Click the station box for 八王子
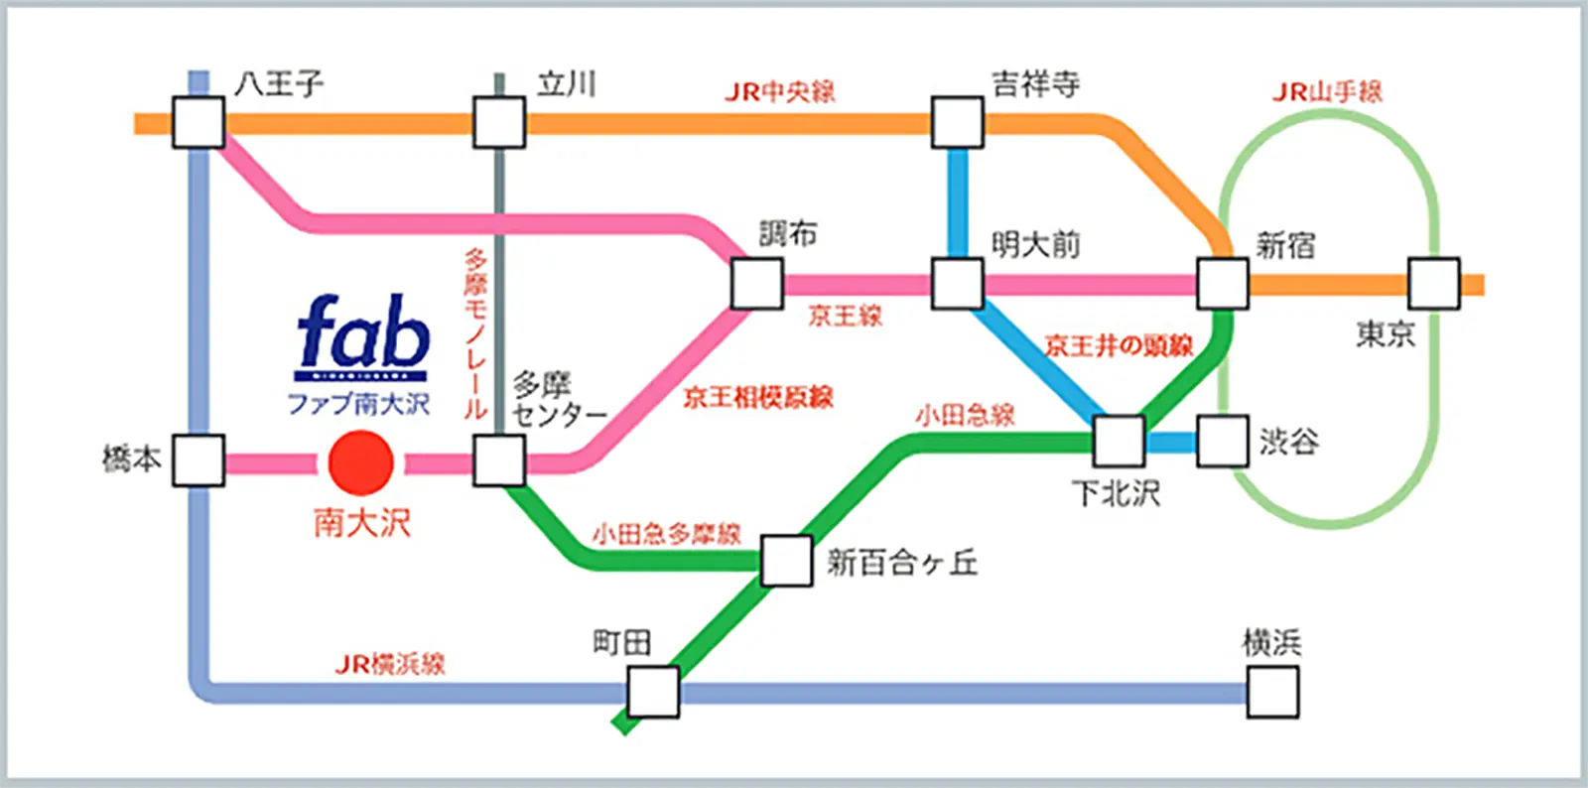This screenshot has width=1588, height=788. pyautogui.click(x=198, y=123)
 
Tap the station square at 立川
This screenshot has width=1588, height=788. pyautogui.click(x=498, y=123)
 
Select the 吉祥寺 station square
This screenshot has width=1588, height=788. pyautogui.click(x=957, y=123)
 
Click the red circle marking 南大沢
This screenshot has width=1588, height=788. pyautogui.click(x=361, y=462)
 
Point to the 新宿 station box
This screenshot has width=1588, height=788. pyautogui.click(x=1222, y=285)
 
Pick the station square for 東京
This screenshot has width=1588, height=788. pyautogui.click(x=1433, y=284)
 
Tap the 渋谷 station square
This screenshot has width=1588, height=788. pyautogui.click(x=1222, y=441)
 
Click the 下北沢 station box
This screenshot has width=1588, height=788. pyautogui.click(x=1119, y=441)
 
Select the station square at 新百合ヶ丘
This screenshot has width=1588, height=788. pyautogui.click(x=787, y=561)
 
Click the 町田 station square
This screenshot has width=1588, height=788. pyautogui.click(x=653, y=692)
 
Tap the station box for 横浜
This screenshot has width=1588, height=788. pyautogui.click(x=1272, y=692)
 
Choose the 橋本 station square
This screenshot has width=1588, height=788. pyautogui.click(x=198, y=460)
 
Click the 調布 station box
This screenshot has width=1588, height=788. pyautogui.click(x=756, y=284)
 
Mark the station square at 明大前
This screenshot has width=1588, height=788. pyautogui.click(x=957, y=284)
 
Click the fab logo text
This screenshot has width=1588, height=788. pyautogui.click(x=363, y=332)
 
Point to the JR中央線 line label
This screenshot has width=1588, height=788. pyautogui.click(x=779, y=92)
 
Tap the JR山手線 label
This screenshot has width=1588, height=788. pyautogui.click(x=1327, y=92)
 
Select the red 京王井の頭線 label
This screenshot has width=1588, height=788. pyautogui.click(x=1119, y=345)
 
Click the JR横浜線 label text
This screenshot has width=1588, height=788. pyautogui.click(x=390, y=664)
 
